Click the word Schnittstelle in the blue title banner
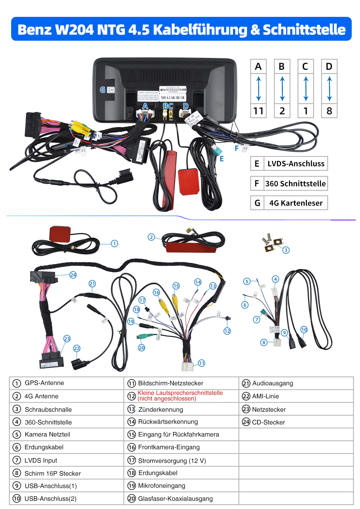coord(304,30)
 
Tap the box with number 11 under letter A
coord(258,111)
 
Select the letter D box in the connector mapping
coord(329,66)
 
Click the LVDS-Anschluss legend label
coord(296,164)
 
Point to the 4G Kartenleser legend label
coord(296,203)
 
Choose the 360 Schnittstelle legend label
coord(295,184)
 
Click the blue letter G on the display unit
coord(102,90)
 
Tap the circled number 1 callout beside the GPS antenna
coord(115,243)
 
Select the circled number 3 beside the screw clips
coord(286,250)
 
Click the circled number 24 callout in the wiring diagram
coord(73,275)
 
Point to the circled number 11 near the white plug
coord(201,363)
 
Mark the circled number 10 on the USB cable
coord(304,330)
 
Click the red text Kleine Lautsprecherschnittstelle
coord(180,393)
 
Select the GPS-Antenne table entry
coord(44,383)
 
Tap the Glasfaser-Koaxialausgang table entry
coord(175,499)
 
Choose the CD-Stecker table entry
coord(268,422)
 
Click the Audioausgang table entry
coord(272,383)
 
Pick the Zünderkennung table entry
coord(160,409)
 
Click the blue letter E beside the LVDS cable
coord(222,158)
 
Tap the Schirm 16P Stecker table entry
coord(53,473)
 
